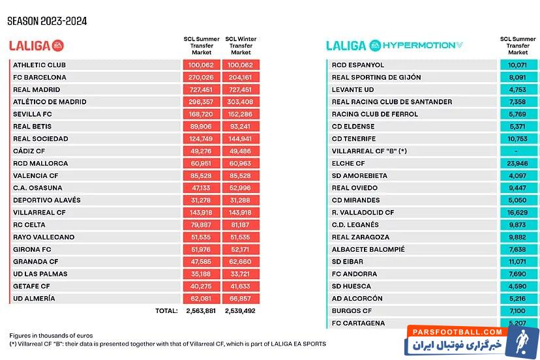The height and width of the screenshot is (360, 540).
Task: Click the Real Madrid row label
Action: (37, 89)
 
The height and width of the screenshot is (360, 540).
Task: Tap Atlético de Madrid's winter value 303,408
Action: (241, 102)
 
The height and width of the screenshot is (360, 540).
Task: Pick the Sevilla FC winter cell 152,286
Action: (241, 114)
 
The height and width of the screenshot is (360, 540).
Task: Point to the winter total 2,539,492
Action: (241, 311)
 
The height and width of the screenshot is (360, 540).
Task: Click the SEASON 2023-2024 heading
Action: (47, 21)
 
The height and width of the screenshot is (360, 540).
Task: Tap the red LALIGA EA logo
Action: (37, 45)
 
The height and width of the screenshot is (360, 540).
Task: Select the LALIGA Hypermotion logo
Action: (394, 45)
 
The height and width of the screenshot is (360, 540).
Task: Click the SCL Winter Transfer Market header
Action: (241, 45)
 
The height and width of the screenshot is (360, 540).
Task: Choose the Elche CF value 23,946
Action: (518, 163)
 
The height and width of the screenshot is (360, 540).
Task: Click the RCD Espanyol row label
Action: (358, 65)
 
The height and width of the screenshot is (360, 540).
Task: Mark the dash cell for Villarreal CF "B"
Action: (518, 151)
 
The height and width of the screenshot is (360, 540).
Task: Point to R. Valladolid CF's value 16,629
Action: (518, 213)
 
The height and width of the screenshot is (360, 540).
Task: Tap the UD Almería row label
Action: (34, 298)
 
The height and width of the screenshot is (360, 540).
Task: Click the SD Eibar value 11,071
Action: (518, 262)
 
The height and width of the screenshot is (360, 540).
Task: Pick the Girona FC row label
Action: (31, 249)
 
